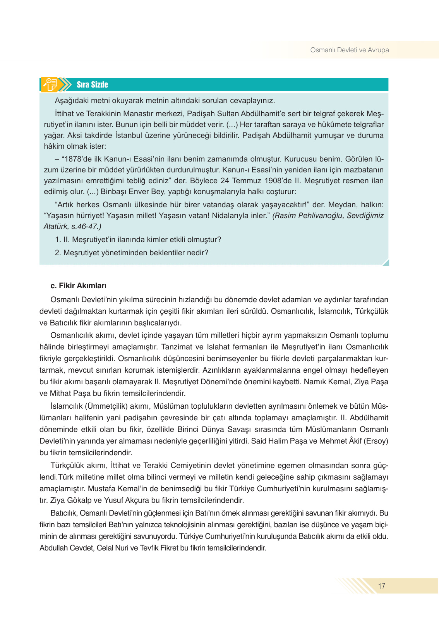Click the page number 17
coord(382,586)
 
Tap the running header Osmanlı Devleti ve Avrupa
coord(349,50)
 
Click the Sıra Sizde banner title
coord(92,85)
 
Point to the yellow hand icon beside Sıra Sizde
coord(51,84)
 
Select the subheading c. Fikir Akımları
coord(78,286)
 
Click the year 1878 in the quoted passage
coord(73,159)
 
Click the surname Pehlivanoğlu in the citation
coord(318,216)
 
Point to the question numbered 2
coord(132,253)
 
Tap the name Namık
coord(315,382)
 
